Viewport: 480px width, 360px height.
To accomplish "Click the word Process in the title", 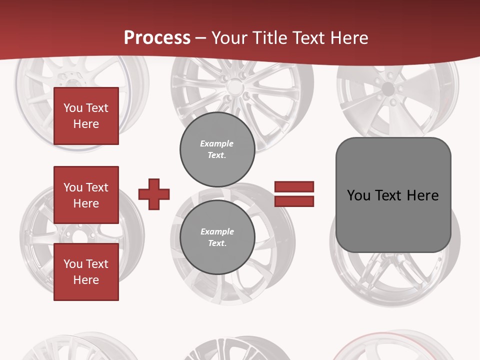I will pos(157,38).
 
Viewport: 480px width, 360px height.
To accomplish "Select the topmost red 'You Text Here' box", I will pos(86,116).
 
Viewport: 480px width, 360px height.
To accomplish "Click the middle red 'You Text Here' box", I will pos(86,195).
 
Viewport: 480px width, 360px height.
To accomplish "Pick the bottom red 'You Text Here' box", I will pos(86,272).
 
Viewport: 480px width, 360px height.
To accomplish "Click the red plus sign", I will pos(154,194).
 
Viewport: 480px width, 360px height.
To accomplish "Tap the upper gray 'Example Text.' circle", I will pos(217,149).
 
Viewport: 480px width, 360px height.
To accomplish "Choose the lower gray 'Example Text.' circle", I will pos(217,237).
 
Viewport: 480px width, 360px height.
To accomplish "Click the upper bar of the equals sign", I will pos(294,187).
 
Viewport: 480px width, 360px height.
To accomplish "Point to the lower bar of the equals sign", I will pos(294,201).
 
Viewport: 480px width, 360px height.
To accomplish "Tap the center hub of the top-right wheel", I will pos(387,90).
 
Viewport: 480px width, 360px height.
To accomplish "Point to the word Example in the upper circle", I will pos(216,143).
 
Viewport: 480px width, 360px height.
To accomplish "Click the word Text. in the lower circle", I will pos(217,243).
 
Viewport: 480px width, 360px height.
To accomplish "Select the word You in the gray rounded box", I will pos(358,195).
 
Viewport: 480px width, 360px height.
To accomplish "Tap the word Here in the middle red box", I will pos(86,203).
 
